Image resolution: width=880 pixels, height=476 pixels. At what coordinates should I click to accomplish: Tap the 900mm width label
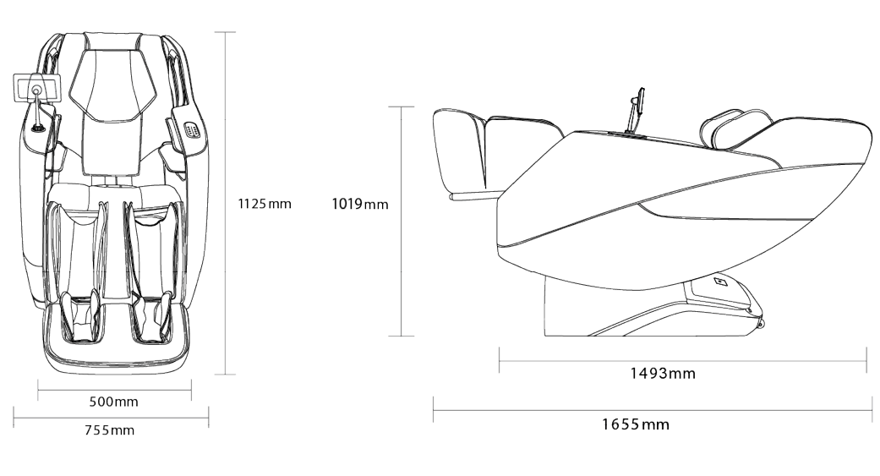[114, 402]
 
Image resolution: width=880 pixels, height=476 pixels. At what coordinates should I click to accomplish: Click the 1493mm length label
[662, 373]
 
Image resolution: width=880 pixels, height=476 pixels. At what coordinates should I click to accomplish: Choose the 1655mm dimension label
[636, 424]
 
